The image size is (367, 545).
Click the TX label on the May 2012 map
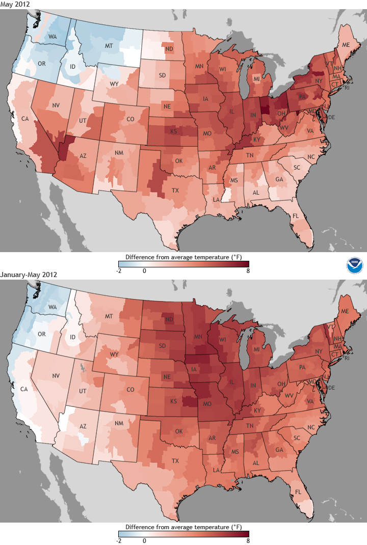pyautogui.click(x=175, y=191)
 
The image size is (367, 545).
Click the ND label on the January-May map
pyautogui.click(x=167, y=320)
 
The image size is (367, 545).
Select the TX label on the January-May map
pyautogui.click(x=175, y=461)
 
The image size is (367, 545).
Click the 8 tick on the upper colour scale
pyautogui.click(x=248, y=270)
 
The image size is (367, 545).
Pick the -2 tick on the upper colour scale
pyautogui.click(x=119, y=270)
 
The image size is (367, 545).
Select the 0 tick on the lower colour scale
pyautogui.click(x=144, y=541)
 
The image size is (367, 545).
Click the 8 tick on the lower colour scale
pyautogui.click(x=248, y=541)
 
